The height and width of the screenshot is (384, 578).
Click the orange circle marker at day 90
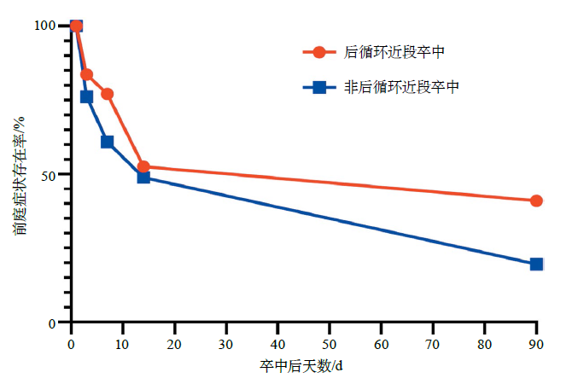pyautogui.click(x=536, y=201)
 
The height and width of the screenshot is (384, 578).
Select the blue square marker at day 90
pyautogui.click(x=536, y=265)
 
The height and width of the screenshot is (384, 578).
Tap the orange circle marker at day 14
pyautogui.click(x=143, y=167)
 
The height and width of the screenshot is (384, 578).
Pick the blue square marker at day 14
pyautogui.click(x=143, y=177)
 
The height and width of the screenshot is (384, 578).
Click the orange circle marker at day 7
pyautogui.click(x=108, y=94)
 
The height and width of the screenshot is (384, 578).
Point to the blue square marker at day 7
pyautogui.click(x=107, y=142)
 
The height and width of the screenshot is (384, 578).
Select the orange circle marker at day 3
pyautogui.click(x=87, y=75)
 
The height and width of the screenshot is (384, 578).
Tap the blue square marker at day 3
pyautogui.click(x=86, y=96)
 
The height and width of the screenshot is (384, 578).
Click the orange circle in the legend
pyautogui.click(x=319, y=52)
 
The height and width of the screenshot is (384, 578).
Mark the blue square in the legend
pyautogui.click(x=319, y=86)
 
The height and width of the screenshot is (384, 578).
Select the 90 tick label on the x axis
pyautogui.click(x=536, y=344)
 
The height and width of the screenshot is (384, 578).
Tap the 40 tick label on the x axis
pyautogui.click(x=277, y=344)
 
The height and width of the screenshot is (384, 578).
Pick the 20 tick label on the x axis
pyautogui.click(x=174, y=344)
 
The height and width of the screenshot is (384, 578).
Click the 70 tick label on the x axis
pyautogui.click(x=433, y=344)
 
